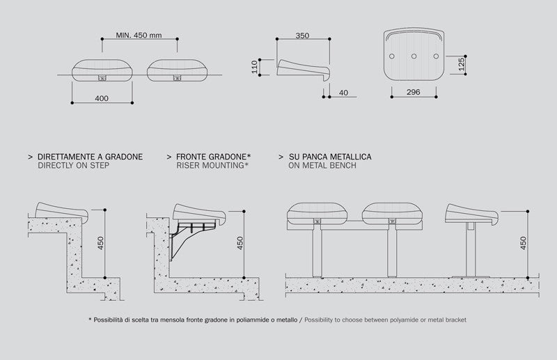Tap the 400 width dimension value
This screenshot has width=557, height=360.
pyautogui.click(x=102, y=99)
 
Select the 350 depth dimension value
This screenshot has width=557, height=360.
pyautogui.click(x=301, y=35)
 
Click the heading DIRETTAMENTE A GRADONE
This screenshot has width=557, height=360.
pyautogui.click(x=90, y=157)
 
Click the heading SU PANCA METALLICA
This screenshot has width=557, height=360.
pyautogui.click(x=329, y=157)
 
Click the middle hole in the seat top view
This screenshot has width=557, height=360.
pyautogui.click(x=414, y=56)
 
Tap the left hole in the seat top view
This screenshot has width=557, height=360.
pyautogui.click(x=393, y=56)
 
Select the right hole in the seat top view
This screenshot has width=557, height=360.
pyautogui.click(x=436, y=56)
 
